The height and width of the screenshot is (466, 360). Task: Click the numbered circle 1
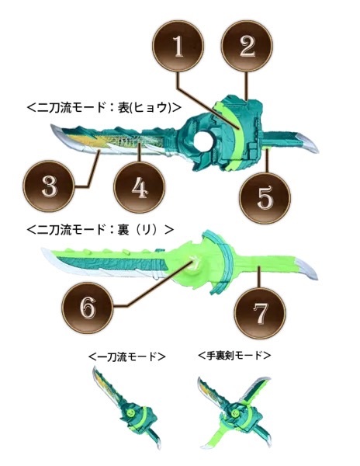[x=178, y=46]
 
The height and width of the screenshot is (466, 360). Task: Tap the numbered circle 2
[x=247, y=46]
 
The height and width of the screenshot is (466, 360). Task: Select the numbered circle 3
[x=49, y=186]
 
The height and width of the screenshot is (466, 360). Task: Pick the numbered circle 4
[x=140, y=187]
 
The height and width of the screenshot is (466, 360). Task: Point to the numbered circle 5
[x=265, y=198]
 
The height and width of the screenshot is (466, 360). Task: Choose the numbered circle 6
[x=88, y=308]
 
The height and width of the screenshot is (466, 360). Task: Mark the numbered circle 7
[x=260, y=313]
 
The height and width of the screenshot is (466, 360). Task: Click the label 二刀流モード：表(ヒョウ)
[x=104, y=108]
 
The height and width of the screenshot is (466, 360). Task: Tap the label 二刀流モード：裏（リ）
[x=100, y=230]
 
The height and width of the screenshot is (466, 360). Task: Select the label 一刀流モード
[x=126, y=356]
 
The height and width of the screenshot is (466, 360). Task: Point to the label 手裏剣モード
[x=234, y=355]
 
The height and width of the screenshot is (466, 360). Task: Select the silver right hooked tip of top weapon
[x=308, y=143]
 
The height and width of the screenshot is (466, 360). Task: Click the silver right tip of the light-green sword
[x=306, y=268]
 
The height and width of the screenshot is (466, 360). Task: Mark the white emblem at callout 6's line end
[x=196, y=263]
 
